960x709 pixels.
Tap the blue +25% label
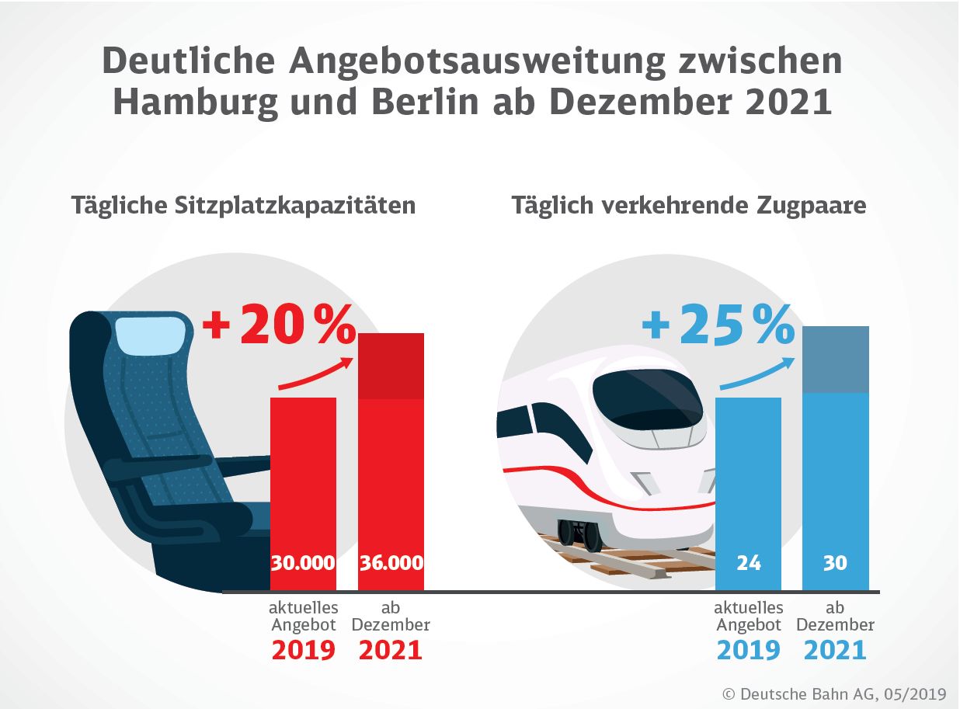(718, 325)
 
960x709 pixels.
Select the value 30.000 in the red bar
(303, 562)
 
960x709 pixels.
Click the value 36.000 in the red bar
(391, 562)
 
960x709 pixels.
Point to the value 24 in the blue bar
(748, 562)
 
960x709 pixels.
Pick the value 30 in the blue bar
(835, 562)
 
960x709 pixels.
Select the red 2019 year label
(303, 650)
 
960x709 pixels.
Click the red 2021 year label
(390, 650)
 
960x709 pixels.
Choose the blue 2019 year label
(748, 650)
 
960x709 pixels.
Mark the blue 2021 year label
(835, 650)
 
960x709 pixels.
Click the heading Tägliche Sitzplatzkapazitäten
(243, 206)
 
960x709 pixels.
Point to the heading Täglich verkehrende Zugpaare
(689, 206)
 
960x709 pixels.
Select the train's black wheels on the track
(579, 532)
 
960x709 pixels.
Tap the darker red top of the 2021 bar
(391, 366)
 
